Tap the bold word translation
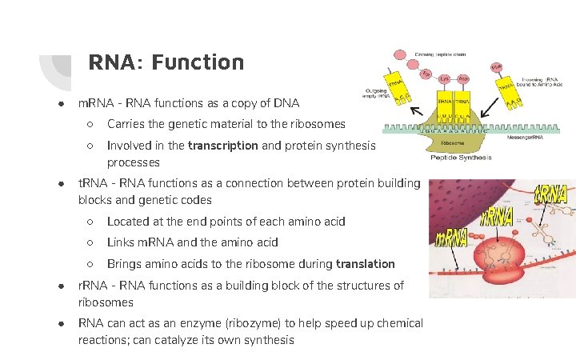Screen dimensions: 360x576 [x=366, y=263]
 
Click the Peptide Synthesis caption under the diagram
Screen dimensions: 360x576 [x=461, y=158]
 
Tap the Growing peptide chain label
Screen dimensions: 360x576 [x=439, y=54]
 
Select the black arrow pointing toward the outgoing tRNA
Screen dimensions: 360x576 [x=416, y=110]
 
